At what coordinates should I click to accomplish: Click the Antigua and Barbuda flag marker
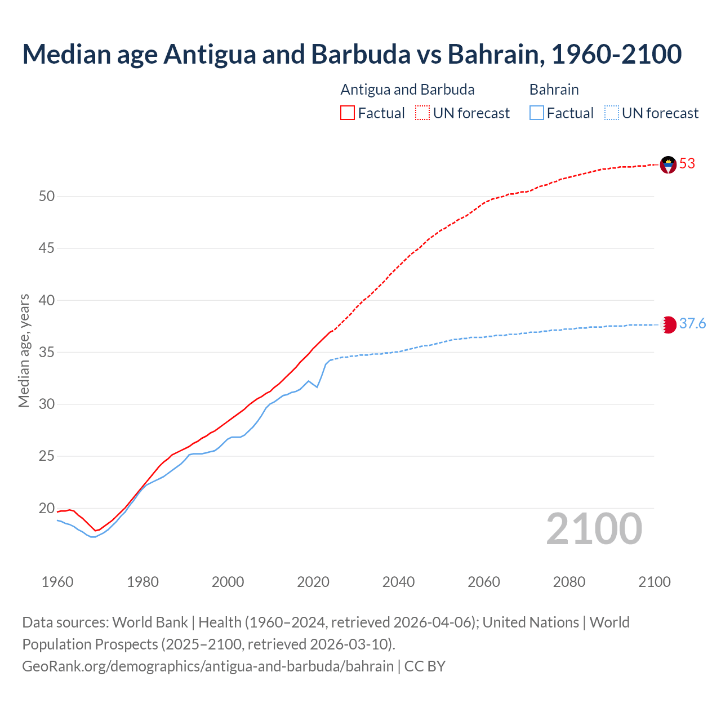pos(668,164)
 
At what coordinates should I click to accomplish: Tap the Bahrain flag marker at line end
pos(668,324)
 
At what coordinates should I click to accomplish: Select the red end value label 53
pos(687,164)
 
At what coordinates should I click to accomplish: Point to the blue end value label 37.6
pos(692,324)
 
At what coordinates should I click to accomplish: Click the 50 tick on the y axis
pos(47,197)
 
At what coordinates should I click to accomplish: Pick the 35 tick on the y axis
pos(47,353)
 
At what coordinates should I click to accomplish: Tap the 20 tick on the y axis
pos(47,509)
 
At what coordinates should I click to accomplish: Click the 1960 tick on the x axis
pos(57,582)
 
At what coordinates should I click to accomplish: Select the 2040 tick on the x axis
pos(398,582)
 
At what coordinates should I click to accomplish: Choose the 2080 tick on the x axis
pos(569,582)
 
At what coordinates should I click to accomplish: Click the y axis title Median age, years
pos(24,350)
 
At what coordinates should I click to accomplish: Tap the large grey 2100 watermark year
pos(594,529)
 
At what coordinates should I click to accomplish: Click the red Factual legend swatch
pos(348,113)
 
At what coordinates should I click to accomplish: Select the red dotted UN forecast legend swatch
pos(422,113)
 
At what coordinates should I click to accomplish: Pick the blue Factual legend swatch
pos(537,113)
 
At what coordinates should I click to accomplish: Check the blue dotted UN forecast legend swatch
pos(612,113)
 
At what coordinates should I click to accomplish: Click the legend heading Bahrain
pos(554,90)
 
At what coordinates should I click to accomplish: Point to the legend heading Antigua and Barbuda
pos(407,90)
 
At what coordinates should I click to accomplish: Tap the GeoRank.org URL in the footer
pos(208,666)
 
